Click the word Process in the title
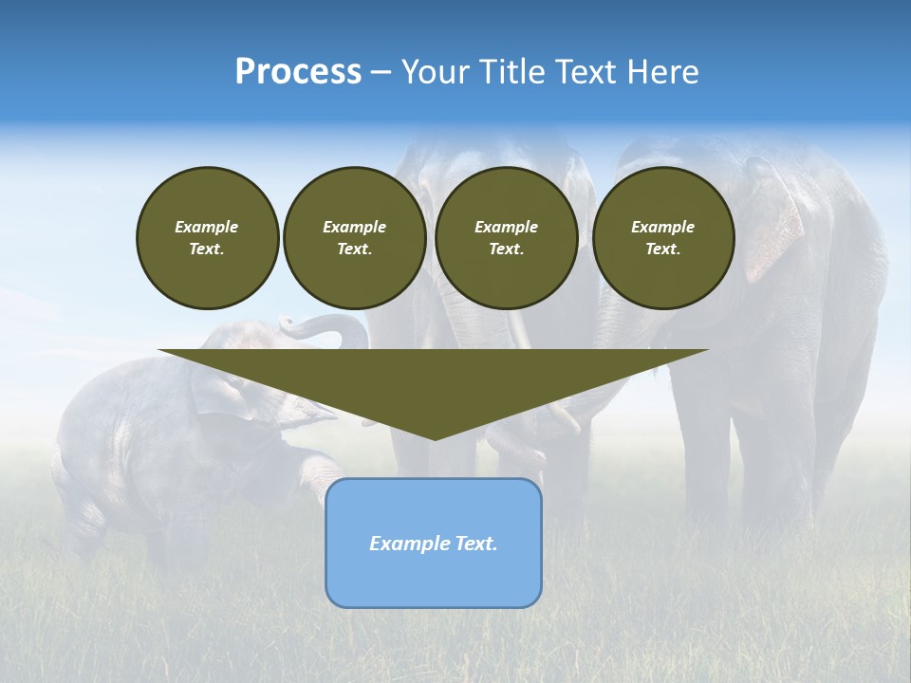[298, 72]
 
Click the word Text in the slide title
[586, 72]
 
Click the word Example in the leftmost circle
[207, 227]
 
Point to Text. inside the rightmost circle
[662, 249]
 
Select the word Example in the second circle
[354, 227]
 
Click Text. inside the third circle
[506, 249]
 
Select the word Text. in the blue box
[477, 544]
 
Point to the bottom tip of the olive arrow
[435, 438]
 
